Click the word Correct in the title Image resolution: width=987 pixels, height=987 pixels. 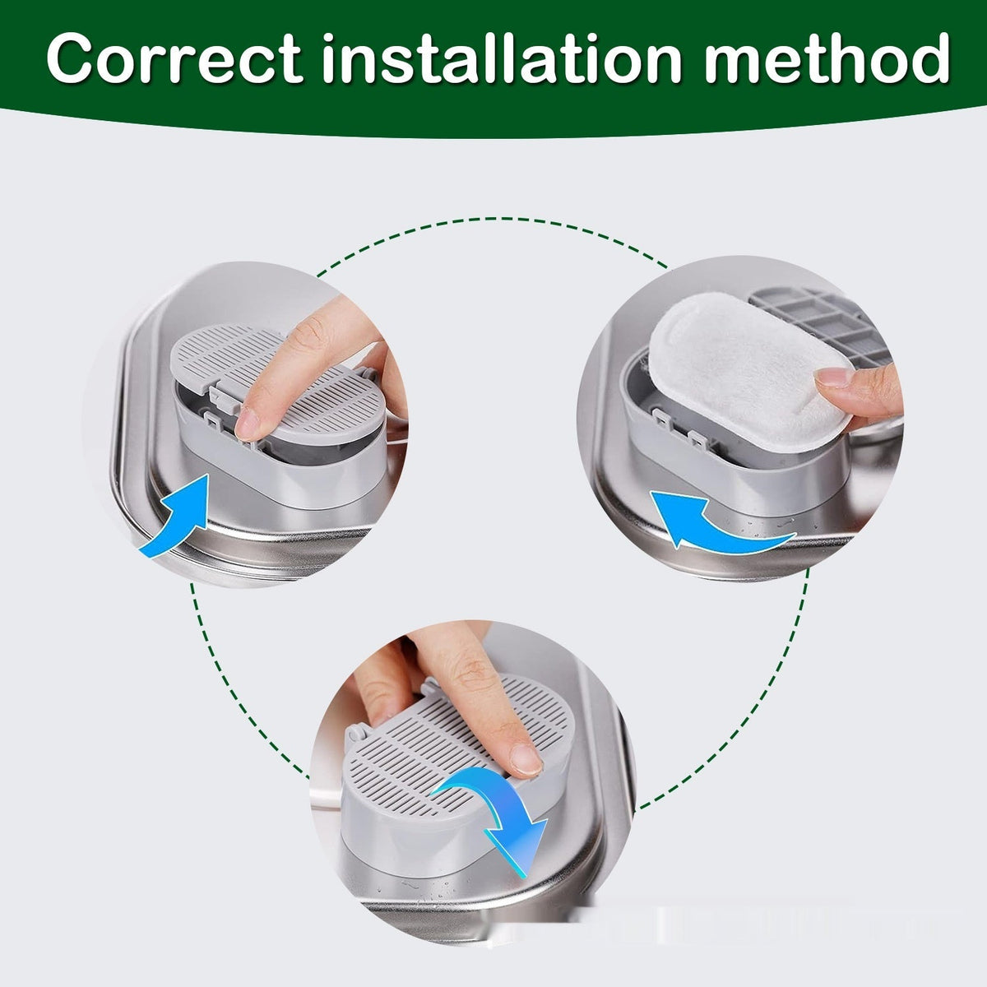tap(174, 58)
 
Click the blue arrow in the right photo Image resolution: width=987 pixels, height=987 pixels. tap(717, 527)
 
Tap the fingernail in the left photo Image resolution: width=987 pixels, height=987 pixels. tap(248, 424)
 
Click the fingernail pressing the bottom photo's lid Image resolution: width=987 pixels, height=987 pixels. tap(526, 760)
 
